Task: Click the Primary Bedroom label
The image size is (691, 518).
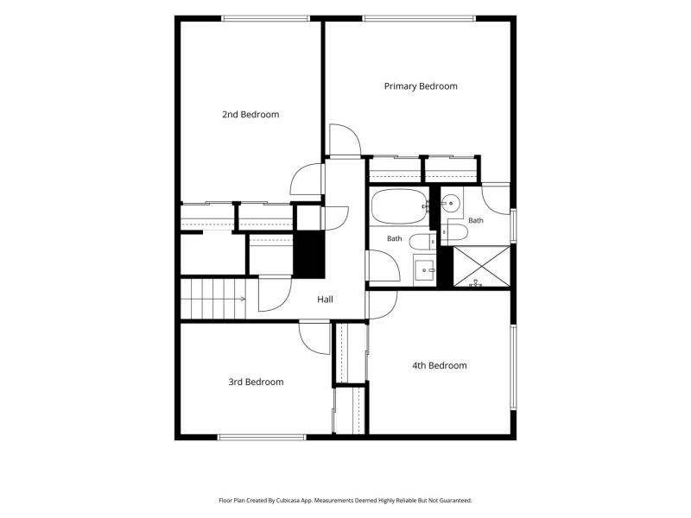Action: click(421, 86)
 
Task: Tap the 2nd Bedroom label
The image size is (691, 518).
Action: click(250, 115)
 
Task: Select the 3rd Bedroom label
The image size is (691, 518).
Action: click(256, 382)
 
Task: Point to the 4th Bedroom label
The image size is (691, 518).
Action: click(440, 365)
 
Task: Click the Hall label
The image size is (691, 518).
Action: click(325, 300)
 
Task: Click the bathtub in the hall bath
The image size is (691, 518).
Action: click(398, 206)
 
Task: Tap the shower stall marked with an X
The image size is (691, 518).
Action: click(482, 266)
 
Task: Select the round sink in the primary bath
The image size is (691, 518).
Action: click(450, 204)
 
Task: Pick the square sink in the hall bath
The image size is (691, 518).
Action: click(424, 269)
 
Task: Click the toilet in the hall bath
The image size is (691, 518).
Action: click(422, 242)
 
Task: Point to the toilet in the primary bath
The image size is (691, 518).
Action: click(454, 232)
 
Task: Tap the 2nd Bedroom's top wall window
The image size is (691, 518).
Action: click(265, 18)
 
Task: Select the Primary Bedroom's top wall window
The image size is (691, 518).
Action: click(419, 18)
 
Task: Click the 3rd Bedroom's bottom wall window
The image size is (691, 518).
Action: click(262, 438)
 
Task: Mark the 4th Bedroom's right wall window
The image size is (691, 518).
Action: click(513, 368)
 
